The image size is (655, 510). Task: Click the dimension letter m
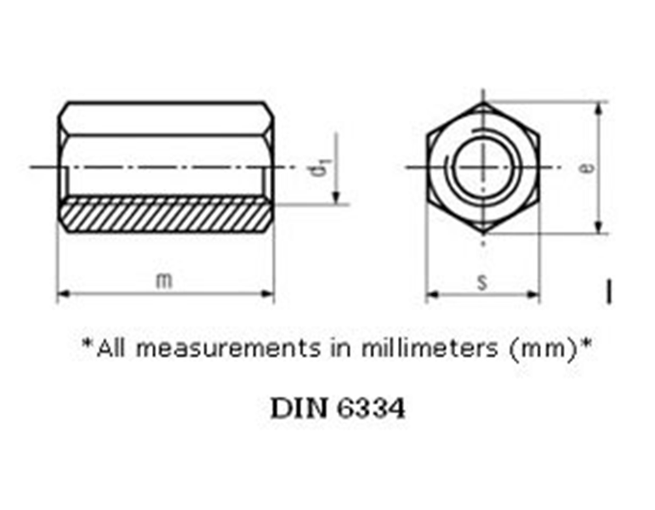pyautogui.click(x=164, y=280)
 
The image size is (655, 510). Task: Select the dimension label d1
pyautogui.click(x=319, y=167)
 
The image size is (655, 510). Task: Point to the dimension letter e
pyautogui.click(x=586, y=167)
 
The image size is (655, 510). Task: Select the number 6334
pyautogui.click(x=370, y=409)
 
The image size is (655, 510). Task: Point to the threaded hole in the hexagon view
pyautogui.click(x=482, y=167)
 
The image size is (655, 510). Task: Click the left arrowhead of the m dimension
pyautogui.click(x=62, y=294)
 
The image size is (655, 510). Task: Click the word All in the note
pyautogui.click(x=111, y=348)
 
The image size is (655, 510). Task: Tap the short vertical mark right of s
pyautogui.click(x=609, y=290)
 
